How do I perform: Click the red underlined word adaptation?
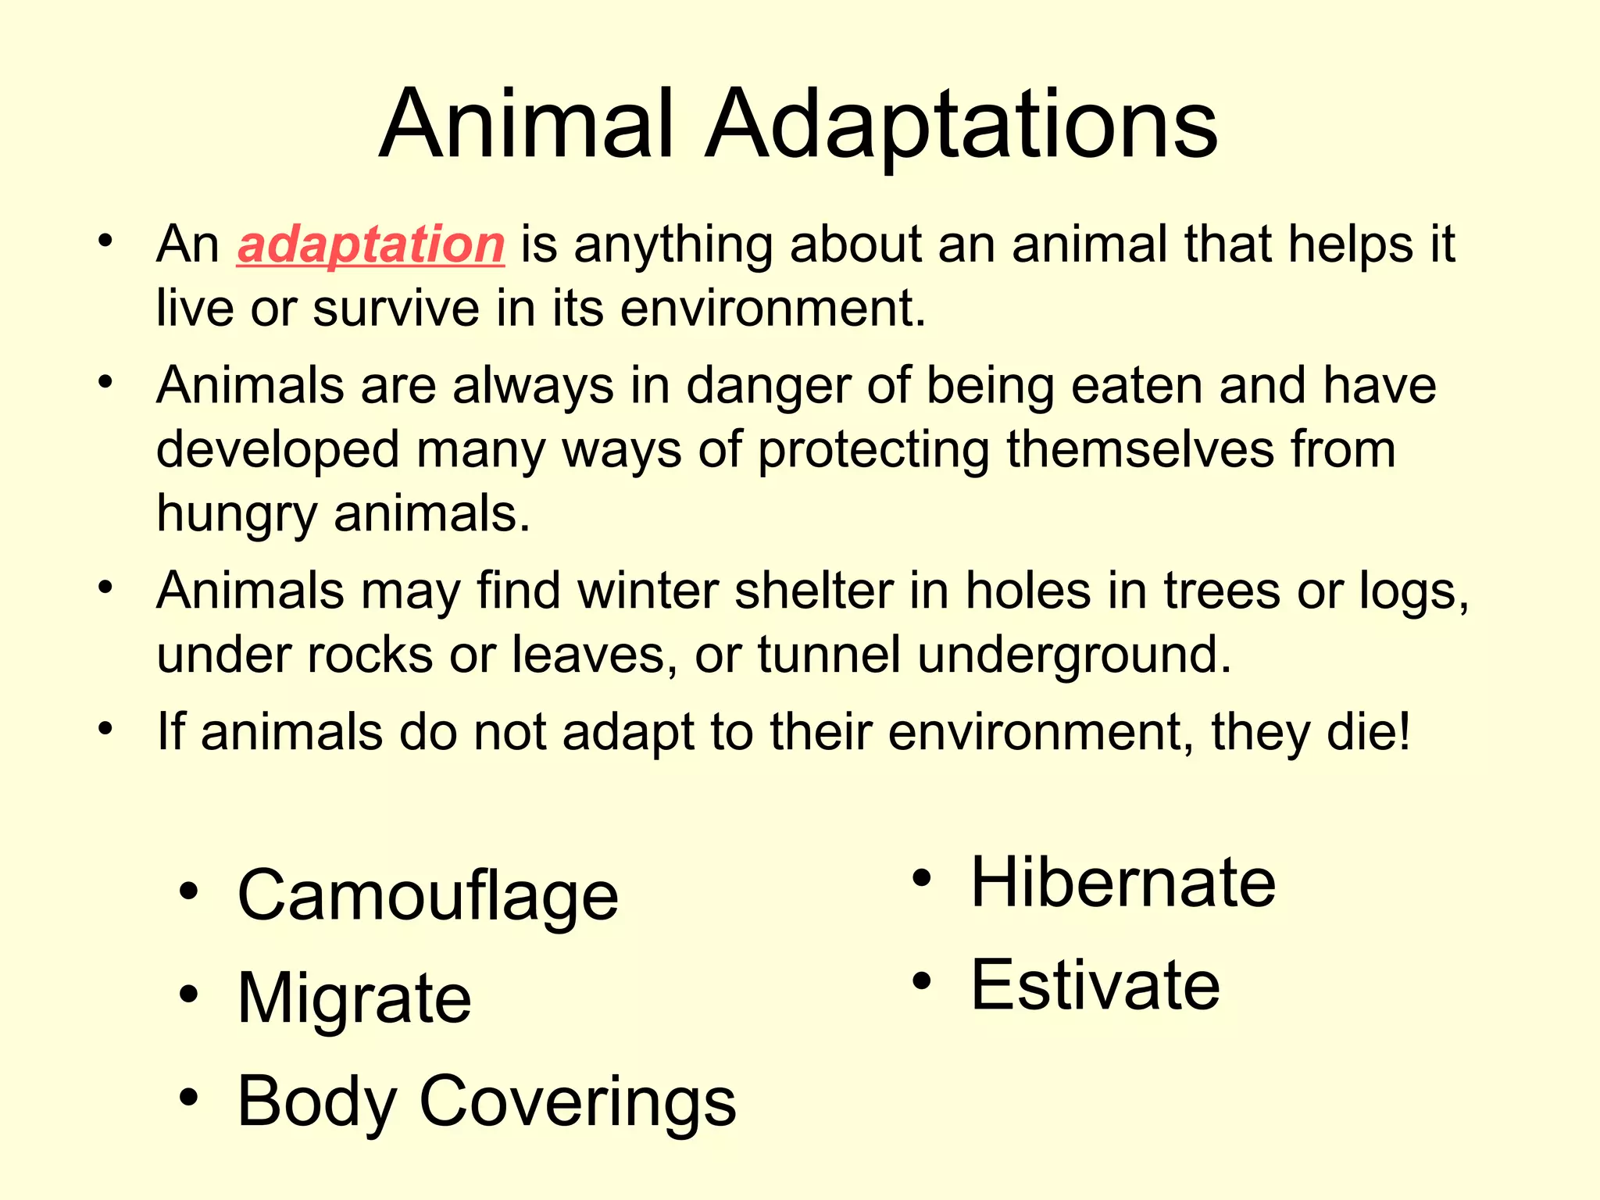point(370,245)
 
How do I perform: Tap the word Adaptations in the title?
point(960,125)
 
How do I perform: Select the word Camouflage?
point(427,897)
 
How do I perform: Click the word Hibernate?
point(1123,883)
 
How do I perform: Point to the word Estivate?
point(1095,986)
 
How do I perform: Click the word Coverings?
point(577,1102)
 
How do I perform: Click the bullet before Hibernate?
point(922,878)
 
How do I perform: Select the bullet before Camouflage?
point(188,891)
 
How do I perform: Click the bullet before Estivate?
point(922,981)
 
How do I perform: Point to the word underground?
point(1073,655)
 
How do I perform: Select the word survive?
point(396,309)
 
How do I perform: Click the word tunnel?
point(829,655)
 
